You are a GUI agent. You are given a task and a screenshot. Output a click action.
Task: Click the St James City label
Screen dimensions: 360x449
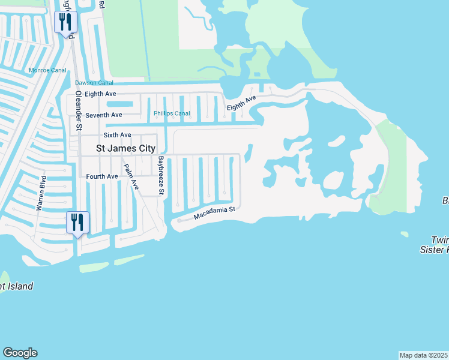[x=127, y=148]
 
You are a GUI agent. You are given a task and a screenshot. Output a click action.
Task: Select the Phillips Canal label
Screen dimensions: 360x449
[x=172, y=113]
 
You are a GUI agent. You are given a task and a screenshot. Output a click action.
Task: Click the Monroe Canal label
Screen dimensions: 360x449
[x=47, y=70]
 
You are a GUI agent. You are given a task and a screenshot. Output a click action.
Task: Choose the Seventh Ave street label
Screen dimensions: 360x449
[x=104, y=115]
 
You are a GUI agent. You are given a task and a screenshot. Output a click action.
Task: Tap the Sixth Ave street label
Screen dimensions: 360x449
[x=117, y=136]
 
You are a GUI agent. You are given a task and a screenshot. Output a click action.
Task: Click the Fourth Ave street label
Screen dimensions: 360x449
[x=102, y=176]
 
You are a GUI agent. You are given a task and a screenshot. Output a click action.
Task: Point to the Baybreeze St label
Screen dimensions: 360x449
[x=161, y=176]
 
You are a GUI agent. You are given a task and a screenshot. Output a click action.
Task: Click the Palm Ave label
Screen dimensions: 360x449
[x=131, y=177]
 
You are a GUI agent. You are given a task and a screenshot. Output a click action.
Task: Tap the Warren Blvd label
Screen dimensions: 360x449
[x=43, y=193]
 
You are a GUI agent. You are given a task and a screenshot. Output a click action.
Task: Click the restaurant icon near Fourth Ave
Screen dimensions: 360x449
[x=78, y=222]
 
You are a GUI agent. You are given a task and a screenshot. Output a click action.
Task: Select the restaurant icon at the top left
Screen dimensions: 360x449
[x=64, y=22]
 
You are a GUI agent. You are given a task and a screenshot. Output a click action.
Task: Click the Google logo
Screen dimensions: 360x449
[x=20, y=353]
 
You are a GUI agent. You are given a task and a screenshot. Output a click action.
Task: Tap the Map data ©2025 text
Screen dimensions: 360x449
[x=424, y=355]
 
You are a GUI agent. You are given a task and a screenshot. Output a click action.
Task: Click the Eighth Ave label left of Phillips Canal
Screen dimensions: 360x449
[x=100, y=94]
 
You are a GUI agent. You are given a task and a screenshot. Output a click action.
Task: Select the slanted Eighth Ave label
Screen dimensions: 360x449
[x=241, y=103]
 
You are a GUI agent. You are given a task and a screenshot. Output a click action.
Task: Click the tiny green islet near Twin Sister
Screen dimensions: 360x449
[x=404, y=234]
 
